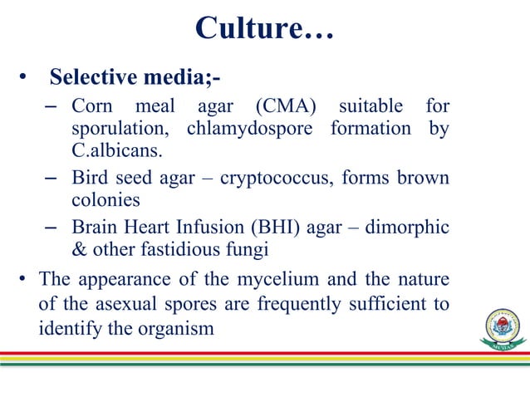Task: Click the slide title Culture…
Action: click(x=264, y=28)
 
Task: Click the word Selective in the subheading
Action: click(x=89, y=78)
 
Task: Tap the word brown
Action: click(x=424, y=179)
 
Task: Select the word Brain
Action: click(x=95, y=228)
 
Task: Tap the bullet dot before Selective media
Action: click(x=25, y=79)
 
